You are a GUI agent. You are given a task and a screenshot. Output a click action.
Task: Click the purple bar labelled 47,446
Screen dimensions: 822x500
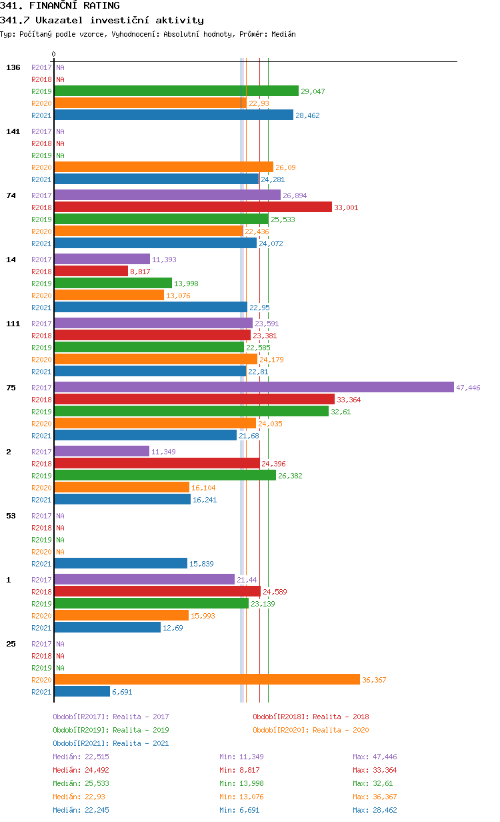click(x=254, y=388)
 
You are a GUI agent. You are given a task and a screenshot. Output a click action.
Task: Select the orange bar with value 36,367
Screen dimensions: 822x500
click(x=207, y=680)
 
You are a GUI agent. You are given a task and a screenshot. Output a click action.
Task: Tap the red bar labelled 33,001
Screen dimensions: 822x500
click(x=193, y=208)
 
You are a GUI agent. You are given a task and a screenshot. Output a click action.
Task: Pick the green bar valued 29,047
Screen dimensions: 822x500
click(x=176, y=91)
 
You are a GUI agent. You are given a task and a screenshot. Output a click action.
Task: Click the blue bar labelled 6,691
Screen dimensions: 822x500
click(x=82, y=692)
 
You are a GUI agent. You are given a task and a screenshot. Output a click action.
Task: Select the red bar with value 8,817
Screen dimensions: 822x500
click(x=91, y=272)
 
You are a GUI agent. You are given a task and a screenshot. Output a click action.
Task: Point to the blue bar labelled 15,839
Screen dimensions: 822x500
click(x=121, y=564)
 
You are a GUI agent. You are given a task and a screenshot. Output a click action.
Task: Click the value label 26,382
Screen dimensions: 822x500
click(x=291, y=476)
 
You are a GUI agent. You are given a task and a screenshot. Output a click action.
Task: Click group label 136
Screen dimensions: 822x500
click(x=13, y=67)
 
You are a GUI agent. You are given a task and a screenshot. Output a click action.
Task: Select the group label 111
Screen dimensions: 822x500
click(x=13, y=324)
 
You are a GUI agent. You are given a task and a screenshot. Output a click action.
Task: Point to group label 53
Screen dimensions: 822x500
click(x=11, y=516)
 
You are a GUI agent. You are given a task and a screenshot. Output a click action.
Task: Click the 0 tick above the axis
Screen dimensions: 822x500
click(x=54, y=54)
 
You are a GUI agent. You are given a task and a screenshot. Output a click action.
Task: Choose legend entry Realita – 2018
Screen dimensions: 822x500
click(x=311, y=717)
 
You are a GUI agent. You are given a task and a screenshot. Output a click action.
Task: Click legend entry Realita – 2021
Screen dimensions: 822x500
click(x=111, y=743)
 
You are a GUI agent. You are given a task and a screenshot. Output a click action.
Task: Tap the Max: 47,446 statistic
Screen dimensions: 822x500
click(x=375, y=757)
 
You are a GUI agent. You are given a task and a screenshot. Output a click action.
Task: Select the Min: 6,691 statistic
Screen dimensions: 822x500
click(x=239, y=810)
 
